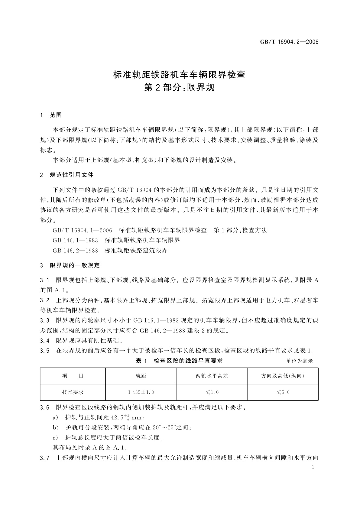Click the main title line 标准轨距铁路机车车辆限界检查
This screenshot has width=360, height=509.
179,75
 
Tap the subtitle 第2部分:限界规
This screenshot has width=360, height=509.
179,88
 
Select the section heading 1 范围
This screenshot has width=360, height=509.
51,115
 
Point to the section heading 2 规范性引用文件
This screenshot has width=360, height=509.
67,175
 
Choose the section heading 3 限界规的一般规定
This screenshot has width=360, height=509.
70,265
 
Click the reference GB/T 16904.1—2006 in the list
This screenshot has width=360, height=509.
82,230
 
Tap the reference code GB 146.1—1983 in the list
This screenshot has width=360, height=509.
75,240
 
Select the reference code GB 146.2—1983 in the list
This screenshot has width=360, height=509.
75,250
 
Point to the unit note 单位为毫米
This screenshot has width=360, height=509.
300,361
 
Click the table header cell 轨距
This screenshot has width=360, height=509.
141,376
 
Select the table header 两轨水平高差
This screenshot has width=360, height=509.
212,376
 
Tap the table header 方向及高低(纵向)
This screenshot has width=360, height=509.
283,376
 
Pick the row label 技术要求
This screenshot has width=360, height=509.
73,392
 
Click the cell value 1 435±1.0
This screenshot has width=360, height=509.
141,392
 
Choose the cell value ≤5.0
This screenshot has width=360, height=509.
283,392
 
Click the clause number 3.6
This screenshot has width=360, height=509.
44,408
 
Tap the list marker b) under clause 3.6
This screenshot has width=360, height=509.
55,428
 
